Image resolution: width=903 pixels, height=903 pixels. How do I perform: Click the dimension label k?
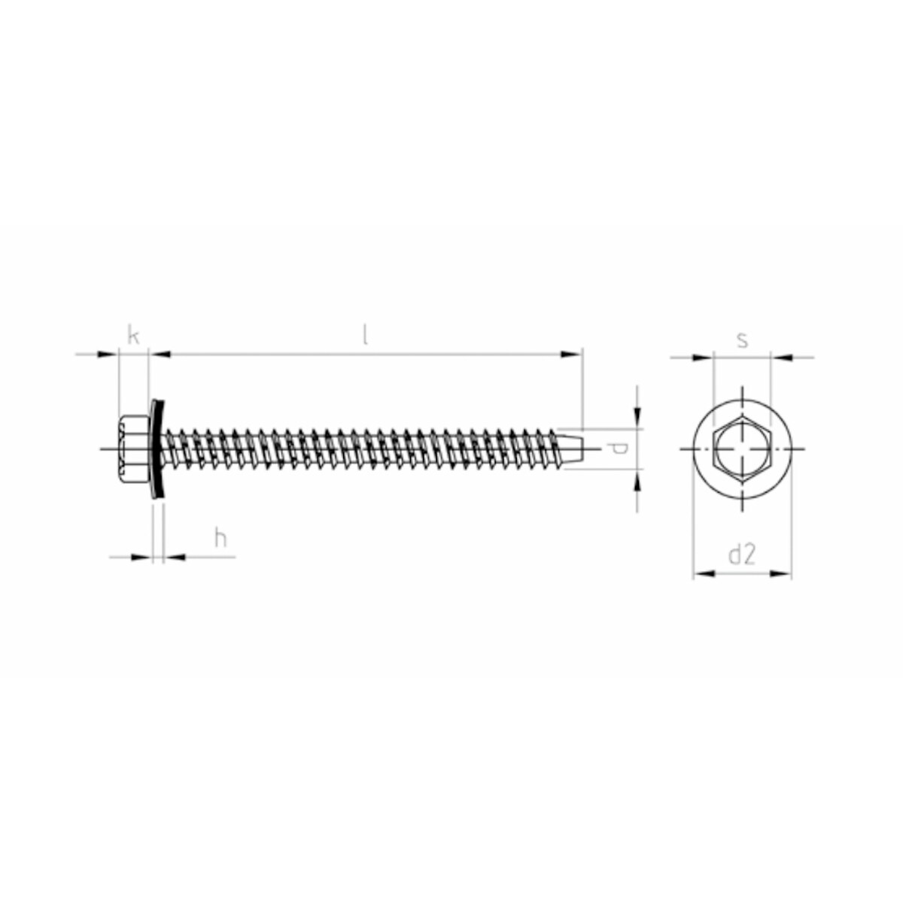point(134,336)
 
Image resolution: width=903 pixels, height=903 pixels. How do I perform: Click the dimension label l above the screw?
point(365,336)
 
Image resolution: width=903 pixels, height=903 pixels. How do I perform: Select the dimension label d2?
point(742,555)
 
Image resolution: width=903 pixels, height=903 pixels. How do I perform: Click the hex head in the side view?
point(133,448)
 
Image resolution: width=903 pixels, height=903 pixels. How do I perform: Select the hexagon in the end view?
point(742,448)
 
